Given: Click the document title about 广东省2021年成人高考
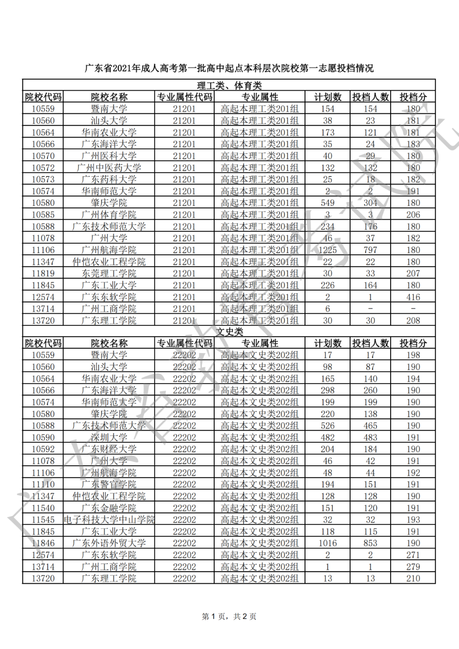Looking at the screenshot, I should tap(229, 68).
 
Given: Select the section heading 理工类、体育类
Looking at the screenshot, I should tap(229, 85).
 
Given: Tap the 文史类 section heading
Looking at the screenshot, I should tap(229, 332).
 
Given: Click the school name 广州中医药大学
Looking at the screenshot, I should tap(109, 168).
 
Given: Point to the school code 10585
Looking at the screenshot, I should tap(43, 215).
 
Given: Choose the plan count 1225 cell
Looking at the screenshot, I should tap(328, 250).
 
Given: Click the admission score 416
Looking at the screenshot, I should tap(413, 297).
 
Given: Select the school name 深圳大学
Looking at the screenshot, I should tap(109, 437).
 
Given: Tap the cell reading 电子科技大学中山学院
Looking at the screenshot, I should tap(109, 520).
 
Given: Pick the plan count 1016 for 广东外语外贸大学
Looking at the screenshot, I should tap(328, 543).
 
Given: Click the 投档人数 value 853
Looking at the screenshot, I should tap(370, 543).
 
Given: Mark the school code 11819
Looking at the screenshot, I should tap(43, 273).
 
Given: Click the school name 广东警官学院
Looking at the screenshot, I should tap(109, 484).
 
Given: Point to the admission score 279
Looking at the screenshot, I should tap(413, 566).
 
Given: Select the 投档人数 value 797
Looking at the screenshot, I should tap(370, 250).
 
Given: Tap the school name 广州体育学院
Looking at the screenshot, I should tap(109, 215).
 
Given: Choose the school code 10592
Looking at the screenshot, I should tap(43, 449).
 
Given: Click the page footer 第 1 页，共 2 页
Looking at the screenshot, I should tap(229, 616).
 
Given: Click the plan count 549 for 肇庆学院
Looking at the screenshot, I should tap(328, 203).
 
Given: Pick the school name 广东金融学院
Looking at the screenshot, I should tap(109, 508).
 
